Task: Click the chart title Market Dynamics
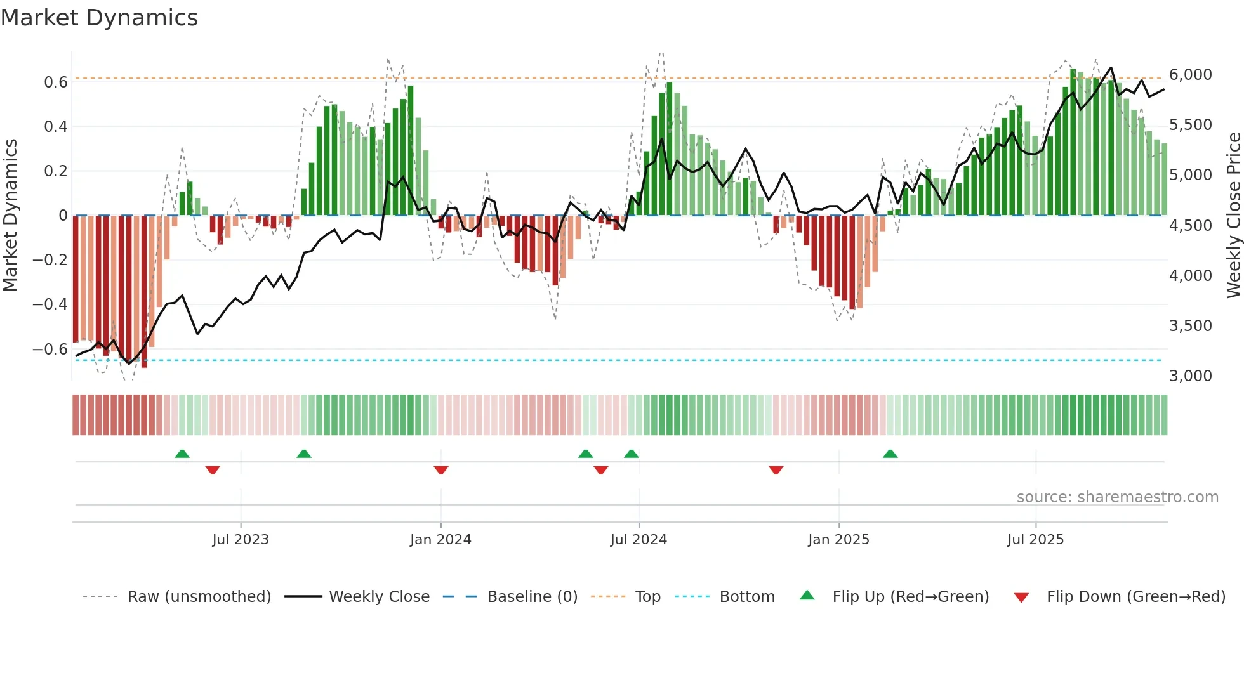pos(99,18)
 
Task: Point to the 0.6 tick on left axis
pos(56,82)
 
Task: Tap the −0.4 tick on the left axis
pos(50,304)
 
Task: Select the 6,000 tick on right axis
pos(1190,75)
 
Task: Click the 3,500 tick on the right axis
pos(1190,326)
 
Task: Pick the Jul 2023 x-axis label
pos(241,540)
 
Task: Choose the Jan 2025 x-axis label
pos(838,540)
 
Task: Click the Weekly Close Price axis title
pos(1233,216)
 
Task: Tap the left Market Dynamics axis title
pos(10,216)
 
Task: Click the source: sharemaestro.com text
pos(1117,497)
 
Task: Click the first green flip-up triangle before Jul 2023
pos(182,454)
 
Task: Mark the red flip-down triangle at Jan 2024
pos(441,470)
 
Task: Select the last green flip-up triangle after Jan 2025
pos(890,454)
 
